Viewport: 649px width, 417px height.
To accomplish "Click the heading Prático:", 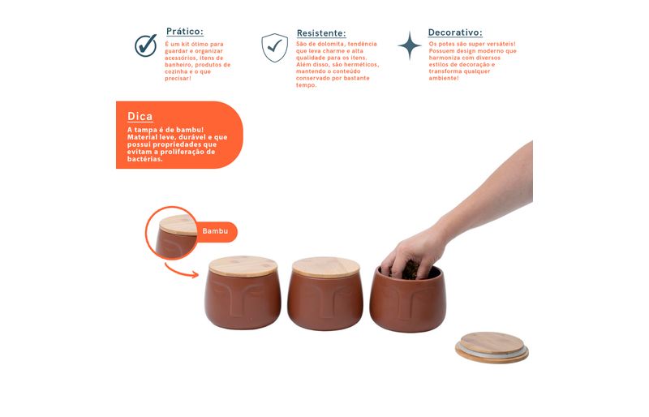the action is click(x=185, y=32).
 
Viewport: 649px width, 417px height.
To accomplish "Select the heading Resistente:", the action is click(x=321, y=33).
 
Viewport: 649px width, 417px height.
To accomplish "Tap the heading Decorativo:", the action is click(x=455, y=32).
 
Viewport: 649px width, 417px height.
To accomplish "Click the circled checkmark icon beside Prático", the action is click(x=146, y=45).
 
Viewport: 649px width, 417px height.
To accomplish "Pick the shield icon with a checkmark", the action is click(x=274, y=48).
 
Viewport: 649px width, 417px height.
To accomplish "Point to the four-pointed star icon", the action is click(x=410, y=45).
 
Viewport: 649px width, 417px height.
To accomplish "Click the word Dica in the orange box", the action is click(x=140, y=116).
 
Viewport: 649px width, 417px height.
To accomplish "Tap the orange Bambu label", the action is click(x=215, y=231).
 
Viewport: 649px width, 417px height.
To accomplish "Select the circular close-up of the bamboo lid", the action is click(x=171, y=233).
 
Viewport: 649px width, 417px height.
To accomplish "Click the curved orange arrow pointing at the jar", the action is click(x=178, y=272).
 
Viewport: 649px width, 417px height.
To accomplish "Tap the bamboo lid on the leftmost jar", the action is click(x=243, y=266).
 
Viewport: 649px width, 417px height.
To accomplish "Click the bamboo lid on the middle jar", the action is click(x=326, y=267).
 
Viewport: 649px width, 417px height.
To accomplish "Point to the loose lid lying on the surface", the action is click(x=492, y=347).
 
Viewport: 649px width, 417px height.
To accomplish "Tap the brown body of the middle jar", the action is click(x=325, y=301).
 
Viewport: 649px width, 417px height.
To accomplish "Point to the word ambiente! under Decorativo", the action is click(x=444, y=78).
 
